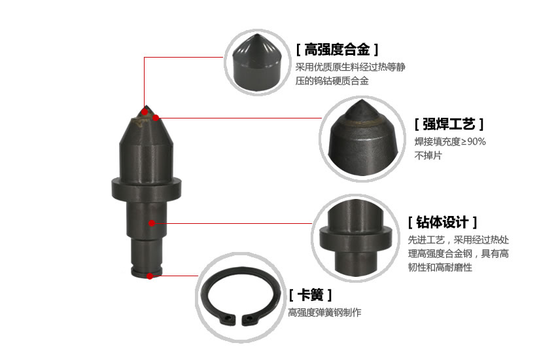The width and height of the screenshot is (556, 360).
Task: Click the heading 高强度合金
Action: coord(338,49)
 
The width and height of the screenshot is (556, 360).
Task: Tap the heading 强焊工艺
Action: coord(449,124)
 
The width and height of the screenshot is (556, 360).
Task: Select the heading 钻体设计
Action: coord(442,223)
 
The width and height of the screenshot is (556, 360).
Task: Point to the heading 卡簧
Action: coord(310,295)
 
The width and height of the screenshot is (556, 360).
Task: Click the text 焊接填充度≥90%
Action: coord(450,141)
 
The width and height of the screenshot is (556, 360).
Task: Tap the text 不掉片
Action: coord(428,155)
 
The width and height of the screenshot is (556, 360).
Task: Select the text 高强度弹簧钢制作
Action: coord(324,312)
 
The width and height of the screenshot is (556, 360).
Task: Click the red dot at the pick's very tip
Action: coord(145,112)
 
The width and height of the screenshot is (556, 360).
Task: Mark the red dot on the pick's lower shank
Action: coord(152,223)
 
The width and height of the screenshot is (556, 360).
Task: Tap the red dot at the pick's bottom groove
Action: coord(150,276)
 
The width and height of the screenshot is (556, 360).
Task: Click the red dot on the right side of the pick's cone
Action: coord(156,118)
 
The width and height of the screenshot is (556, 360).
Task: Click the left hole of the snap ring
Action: coord(227,318)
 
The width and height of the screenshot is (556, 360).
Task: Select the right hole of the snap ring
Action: coord(250,318)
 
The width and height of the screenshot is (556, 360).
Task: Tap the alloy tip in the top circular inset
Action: coord(257,62)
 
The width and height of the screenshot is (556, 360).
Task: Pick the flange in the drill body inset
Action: coord(355,237)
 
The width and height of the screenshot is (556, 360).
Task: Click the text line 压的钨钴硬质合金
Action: coord(332,81)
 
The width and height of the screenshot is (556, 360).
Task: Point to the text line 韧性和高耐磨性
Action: coord(440,267)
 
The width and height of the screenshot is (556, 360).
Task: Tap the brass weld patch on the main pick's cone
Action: coord(141,121)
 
